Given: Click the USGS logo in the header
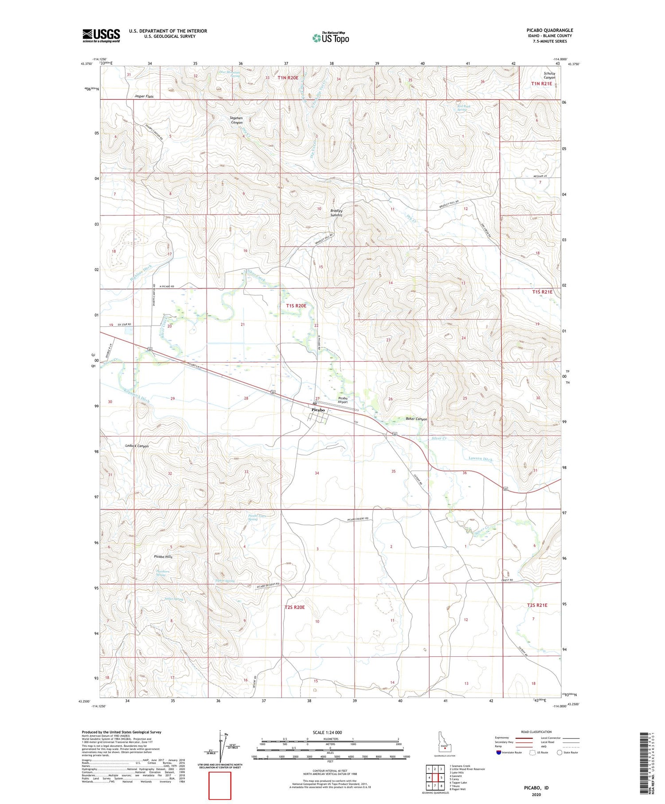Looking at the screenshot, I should (101, 35).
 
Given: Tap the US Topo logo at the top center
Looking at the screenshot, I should (330, 38).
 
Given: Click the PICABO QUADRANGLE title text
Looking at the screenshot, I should (543, 31).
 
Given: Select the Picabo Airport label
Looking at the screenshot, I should (343, 400).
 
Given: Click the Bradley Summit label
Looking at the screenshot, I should (336, 213).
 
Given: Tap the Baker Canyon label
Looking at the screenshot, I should (416, 419).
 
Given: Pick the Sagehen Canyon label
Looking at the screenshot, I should (236, 120).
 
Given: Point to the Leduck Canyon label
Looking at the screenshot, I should (137, 446).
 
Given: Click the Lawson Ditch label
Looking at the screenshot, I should (481, 459).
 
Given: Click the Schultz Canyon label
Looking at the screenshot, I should (549, 75).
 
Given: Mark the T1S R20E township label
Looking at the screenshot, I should (296, 306).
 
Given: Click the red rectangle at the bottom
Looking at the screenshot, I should (220, 785).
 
